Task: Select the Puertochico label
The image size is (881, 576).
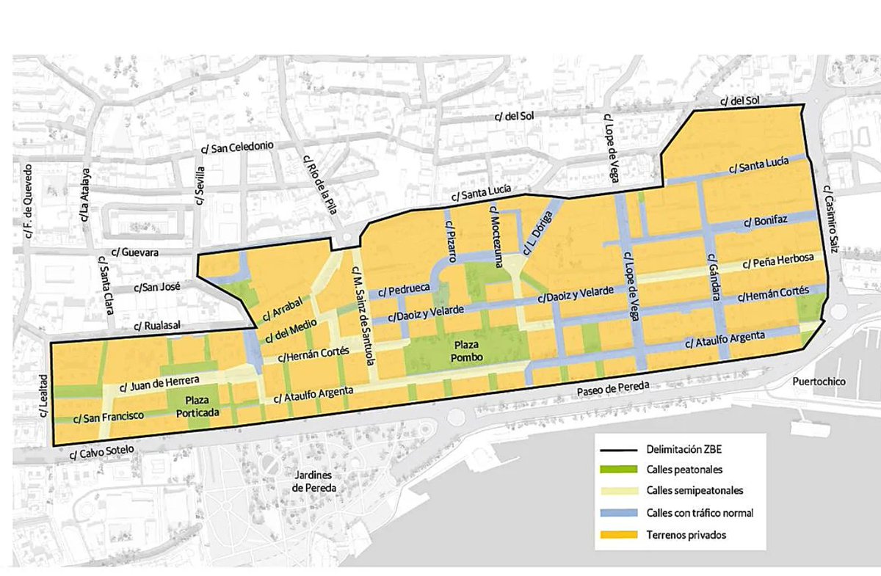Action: coord(819,382)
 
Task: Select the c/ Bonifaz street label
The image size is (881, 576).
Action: coord(761,221)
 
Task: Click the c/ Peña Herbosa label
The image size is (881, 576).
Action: coord(777,261)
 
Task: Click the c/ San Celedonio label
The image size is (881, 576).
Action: coord(237,147)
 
